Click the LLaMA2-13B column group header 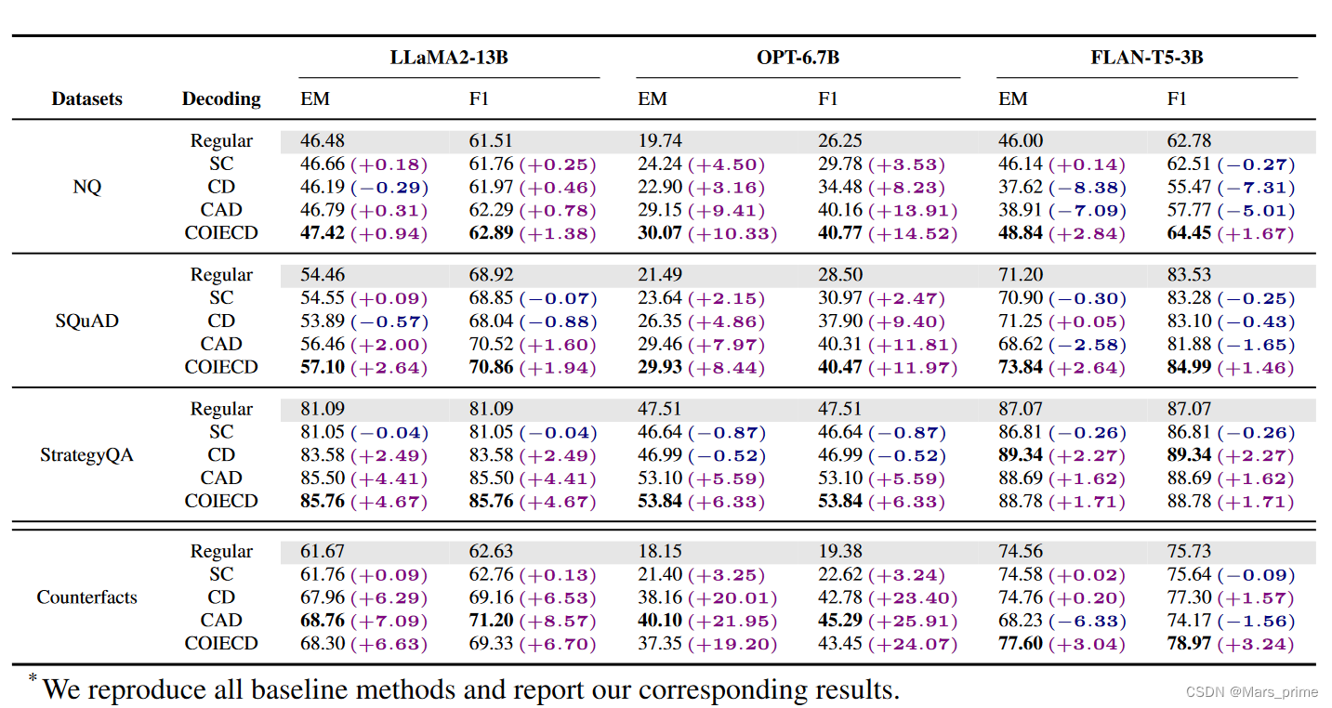point(449,58)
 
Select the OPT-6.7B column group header point(798,58)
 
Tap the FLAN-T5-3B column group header point(1147,58)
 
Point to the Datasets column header point(86,98)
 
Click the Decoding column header point(221,98)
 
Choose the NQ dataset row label point(86,187)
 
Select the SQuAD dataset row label point(86,321)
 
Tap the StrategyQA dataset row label point(86,455)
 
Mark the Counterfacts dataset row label point(86,597)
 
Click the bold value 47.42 point(322,232)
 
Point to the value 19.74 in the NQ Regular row point(659,141)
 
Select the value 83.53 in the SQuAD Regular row point(1189,275)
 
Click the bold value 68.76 point(322,621)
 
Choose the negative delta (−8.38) point(1088,188)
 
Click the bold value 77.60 point(1020,644)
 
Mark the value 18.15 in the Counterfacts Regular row point(659,552)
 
